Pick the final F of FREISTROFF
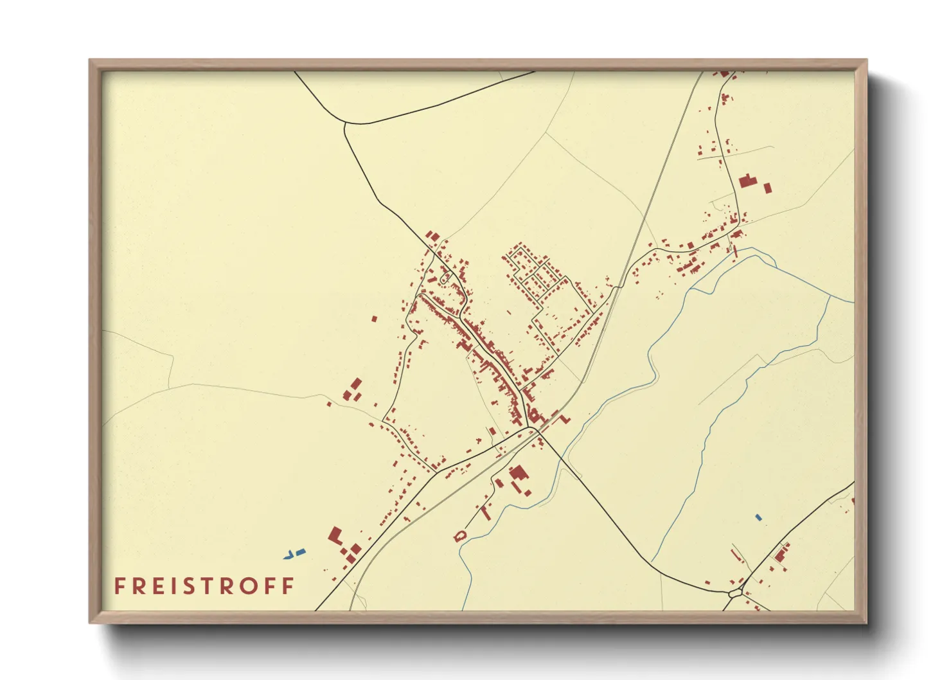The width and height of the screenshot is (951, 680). point(289,586)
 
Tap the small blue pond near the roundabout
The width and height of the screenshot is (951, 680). point(758,517)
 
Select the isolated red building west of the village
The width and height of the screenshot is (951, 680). point(374,318)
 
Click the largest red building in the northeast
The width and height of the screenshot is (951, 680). point(746,181)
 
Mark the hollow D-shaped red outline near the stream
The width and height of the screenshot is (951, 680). point(459,535)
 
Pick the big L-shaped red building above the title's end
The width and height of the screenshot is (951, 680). point(335,535)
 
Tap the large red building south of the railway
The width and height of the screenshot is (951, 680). point(518,474)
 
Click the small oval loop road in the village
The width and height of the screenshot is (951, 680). point(444,279)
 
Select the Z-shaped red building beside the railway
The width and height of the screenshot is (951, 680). point(565,418)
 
